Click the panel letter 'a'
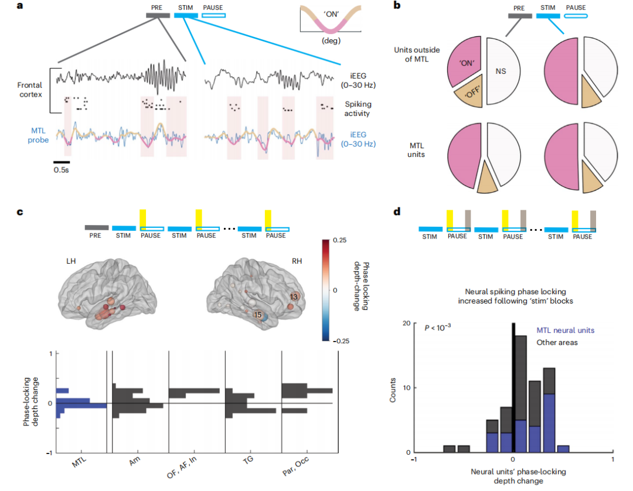point(20,6)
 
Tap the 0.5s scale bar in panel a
point(62,162)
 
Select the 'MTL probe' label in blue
point(38,135)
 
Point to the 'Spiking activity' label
point(358,108)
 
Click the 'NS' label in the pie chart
point(501,71)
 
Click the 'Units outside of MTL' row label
point(417,54)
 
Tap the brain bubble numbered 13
point(294,297)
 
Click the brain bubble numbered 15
point(257,315)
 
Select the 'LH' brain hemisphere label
point(71,261)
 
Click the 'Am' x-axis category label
point(135,461)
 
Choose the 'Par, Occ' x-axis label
point(295,466)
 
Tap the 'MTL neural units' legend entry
point(565,330)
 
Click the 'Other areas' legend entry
point(557,343)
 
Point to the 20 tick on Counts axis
point(406,323)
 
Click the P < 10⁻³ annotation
point(438,327)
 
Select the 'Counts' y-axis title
point(392,390)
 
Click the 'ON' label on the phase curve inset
point(331,14)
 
